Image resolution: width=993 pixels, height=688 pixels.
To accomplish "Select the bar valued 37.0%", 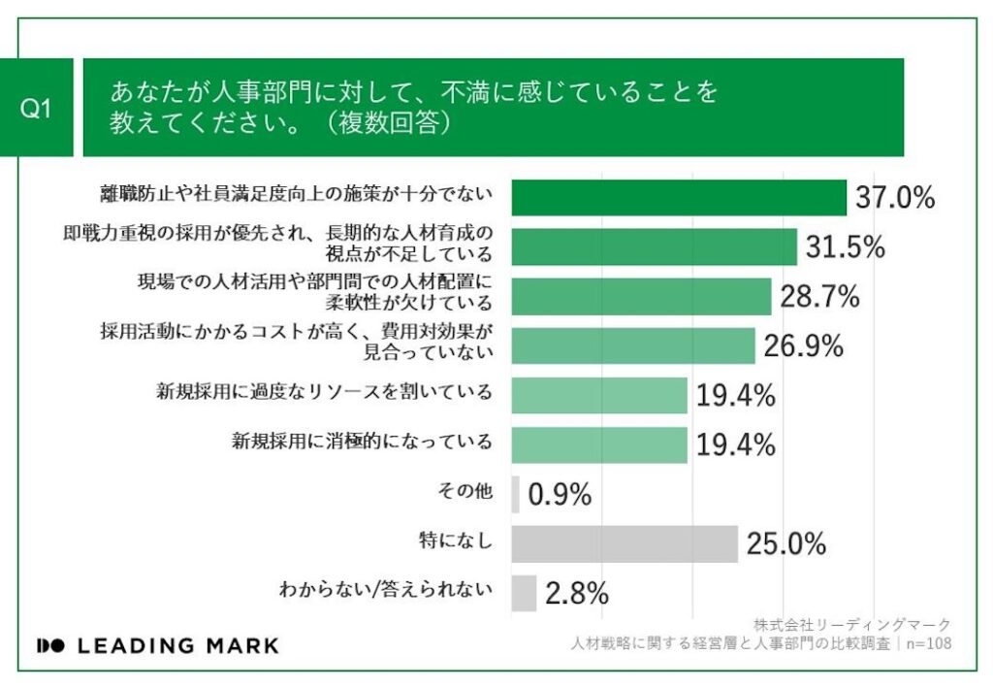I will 678,198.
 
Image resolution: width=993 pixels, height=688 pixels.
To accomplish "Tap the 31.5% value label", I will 845,247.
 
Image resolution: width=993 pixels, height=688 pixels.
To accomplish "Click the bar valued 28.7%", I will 641,297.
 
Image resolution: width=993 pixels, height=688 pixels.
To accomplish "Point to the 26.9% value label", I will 802,346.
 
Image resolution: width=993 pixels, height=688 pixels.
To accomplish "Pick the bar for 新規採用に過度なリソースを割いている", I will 598,395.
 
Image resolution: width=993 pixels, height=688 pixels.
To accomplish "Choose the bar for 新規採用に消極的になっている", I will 598,444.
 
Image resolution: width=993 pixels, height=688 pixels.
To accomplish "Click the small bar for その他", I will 515,494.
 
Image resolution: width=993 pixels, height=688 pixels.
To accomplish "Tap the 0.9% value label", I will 560,495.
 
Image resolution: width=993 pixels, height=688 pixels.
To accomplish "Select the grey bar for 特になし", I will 624,544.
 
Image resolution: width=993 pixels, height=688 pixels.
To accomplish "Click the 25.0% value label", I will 785,544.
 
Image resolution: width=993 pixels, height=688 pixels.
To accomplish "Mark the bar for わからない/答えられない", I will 524,593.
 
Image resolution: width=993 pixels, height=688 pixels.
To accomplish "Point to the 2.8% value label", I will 576,593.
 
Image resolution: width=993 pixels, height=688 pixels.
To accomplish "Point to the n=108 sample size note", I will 929,643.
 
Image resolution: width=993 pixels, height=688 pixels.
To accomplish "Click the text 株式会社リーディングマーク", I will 851,625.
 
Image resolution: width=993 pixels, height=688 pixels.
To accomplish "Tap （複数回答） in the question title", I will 387,125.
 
